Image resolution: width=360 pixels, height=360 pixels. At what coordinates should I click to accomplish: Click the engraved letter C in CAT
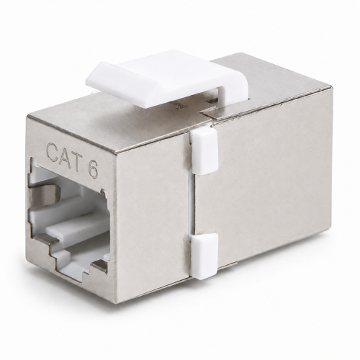click(53, 153)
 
